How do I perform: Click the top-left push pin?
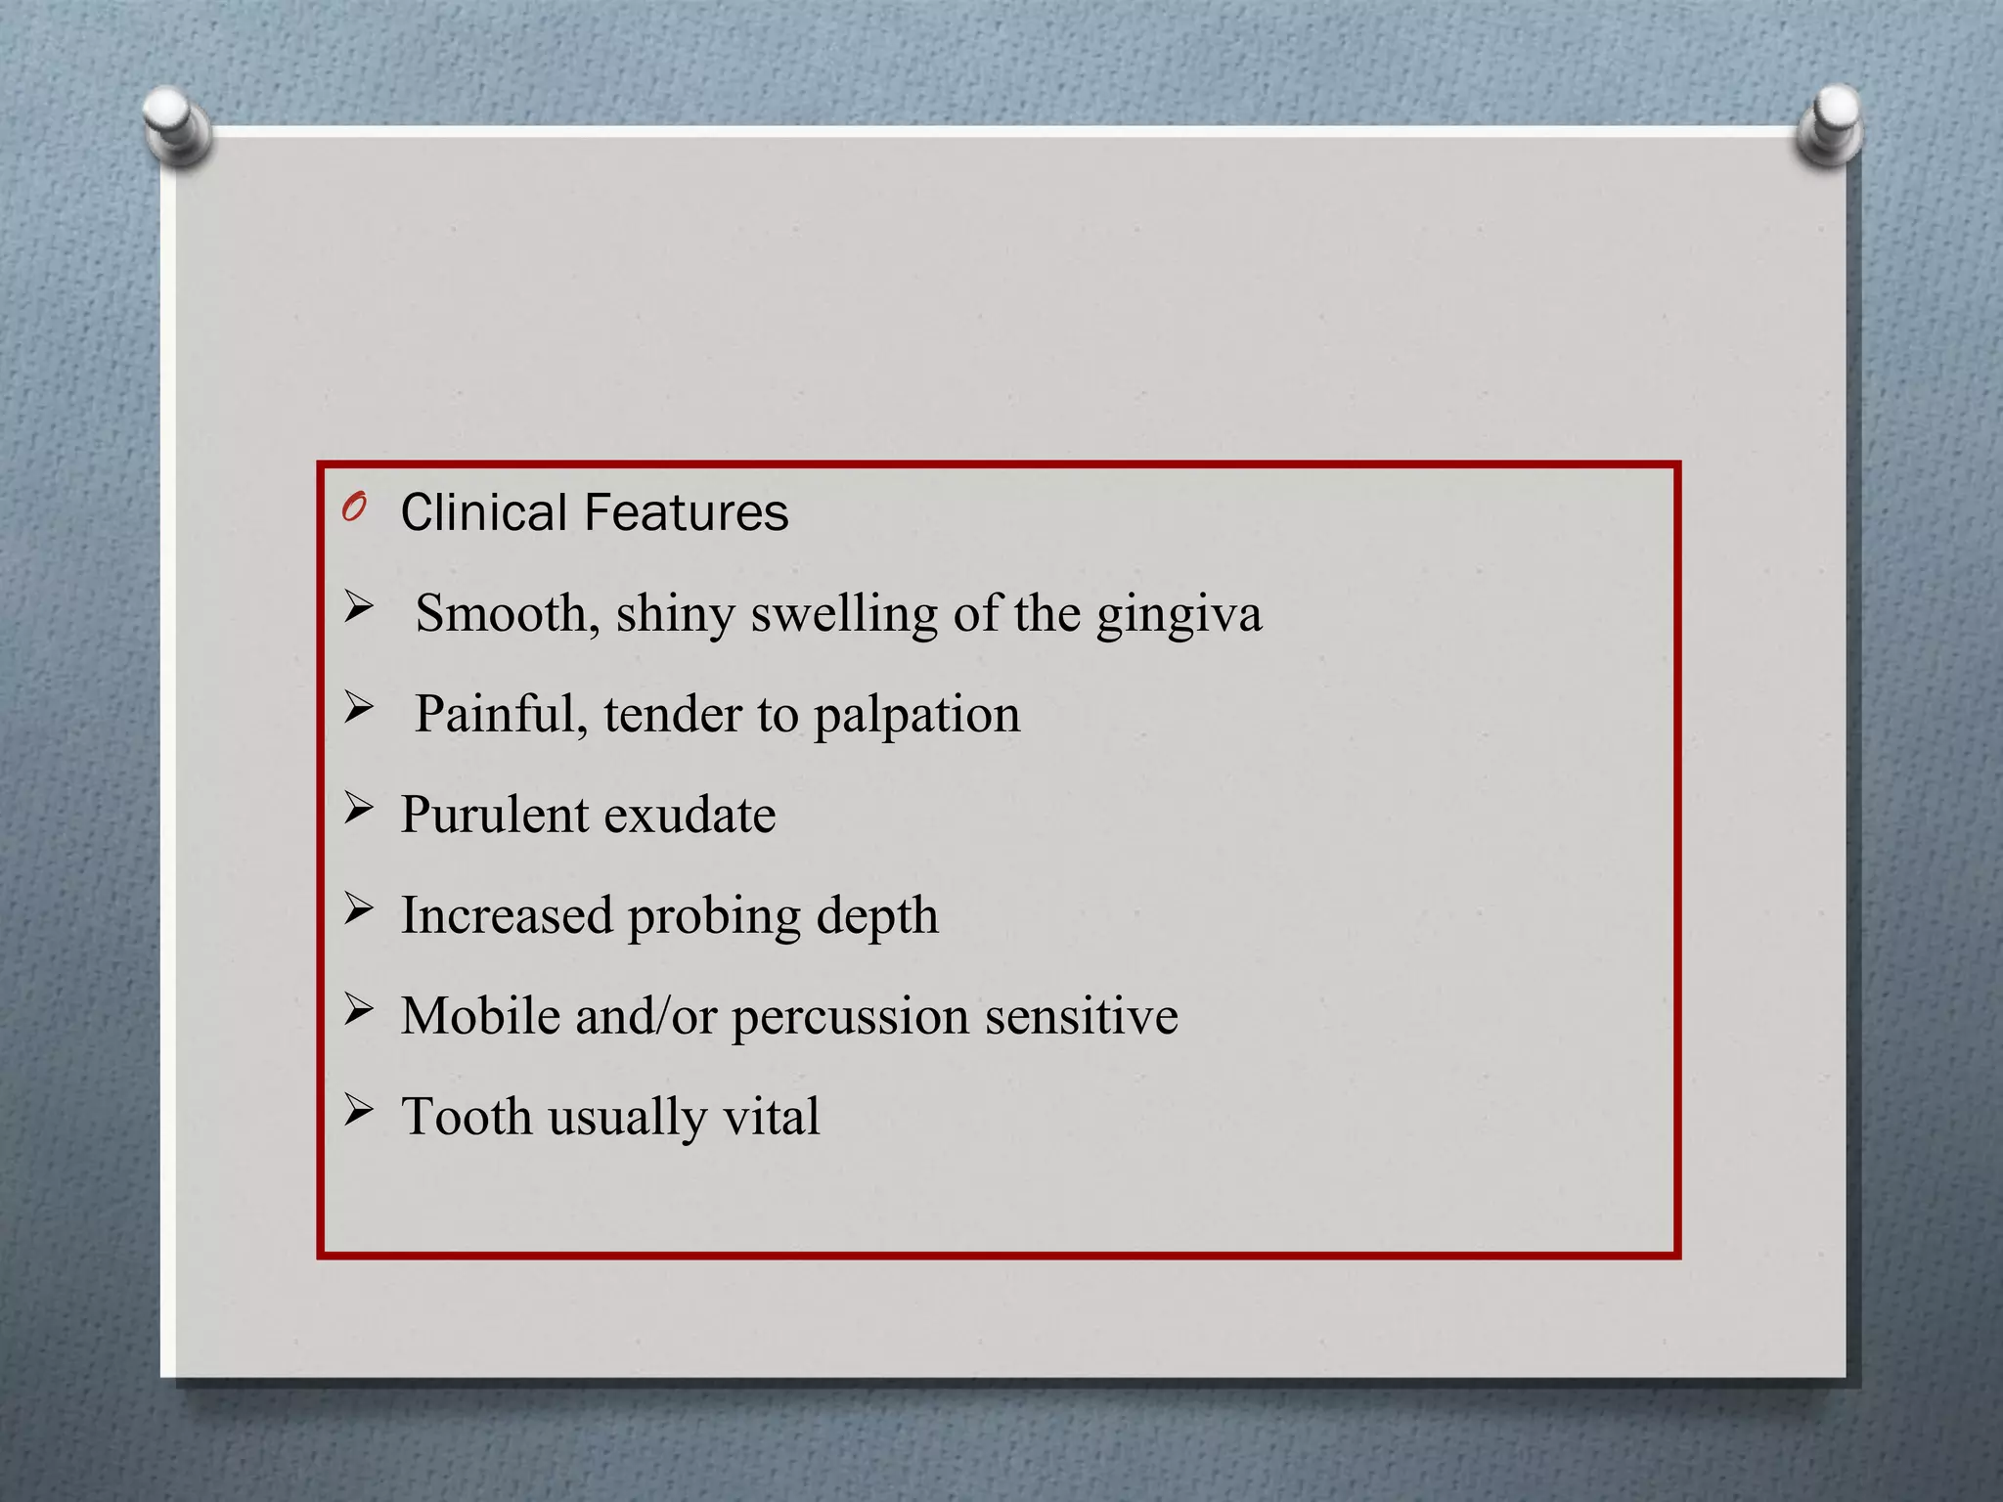tap(175, 123)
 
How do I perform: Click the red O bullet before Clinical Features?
tap(354, 508)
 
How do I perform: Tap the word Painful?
tap(501, 714)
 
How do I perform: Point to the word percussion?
tap(850, 1017)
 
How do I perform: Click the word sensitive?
tap(1081, 1016)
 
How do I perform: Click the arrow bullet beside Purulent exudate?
tap(358, 808)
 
